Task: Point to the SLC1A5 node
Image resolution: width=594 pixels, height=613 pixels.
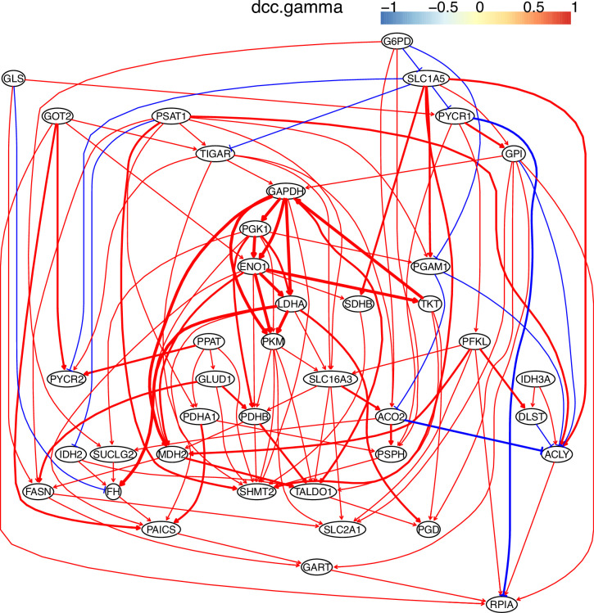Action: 425,79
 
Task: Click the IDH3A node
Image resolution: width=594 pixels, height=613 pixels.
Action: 537,380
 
